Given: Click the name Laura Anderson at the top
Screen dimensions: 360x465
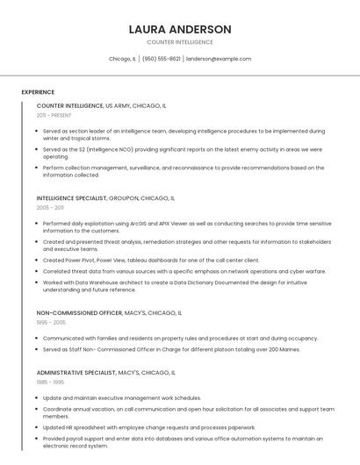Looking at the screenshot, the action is click(x=180, y=29).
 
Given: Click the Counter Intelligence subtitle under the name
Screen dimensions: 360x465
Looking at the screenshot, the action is click(x=180, y=42).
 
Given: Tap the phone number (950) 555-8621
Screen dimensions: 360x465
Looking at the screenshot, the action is click(x=161, y=59).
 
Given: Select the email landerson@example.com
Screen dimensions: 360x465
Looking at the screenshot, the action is click(x=219, y=59).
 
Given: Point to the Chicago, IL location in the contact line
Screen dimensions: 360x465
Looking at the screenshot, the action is click(x=122, y=59).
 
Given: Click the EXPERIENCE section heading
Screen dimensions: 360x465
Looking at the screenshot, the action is click(x=38, y=92).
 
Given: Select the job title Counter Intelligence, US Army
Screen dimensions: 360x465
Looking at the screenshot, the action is click(x=101, y=105).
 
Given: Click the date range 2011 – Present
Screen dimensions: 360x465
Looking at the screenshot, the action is click(x=54, y=115).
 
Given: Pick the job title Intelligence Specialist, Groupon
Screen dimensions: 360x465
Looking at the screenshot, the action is click(x=105, y=198).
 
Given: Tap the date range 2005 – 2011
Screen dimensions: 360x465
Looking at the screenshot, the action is click(x=50, y=208).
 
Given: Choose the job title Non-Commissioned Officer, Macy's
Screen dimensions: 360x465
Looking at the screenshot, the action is click(x=109, y=312).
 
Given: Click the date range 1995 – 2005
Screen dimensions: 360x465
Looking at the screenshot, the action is click(x=51, y=322).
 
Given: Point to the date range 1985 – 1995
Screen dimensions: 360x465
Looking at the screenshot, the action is click(x=50, y=383).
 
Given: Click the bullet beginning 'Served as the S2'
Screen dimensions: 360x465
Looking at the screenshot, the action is click(x=182, y=153).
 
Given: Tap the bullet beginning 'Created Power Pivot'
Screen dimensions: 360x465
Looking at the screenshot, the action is click(x=151, y=260).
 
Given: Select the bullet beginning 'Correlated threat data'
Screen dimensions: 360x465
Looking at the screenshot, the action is click(x=184, y=271).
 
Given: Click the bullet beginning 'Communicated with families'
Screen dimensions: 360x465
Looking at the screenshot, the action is click(x=180, y=338).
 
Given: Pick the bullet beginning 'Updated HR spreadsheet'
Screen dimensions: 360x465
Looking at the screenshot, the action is click(x=149, y=427).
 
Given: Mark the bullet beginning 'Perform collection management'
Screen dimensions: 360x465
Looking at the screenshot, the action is click(x=183, y=171).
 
